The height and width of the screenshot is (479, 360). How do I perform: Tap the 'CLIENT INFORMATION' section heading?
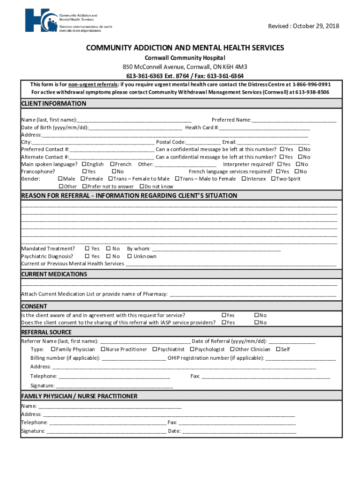54,103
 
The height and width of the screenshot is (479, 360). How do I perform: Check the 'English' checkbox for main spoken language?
84,164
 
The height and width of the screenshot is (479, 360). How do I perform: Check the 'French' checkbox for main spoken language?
112,164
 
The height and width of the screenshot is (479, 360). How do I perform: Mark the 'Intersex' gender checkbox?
244,179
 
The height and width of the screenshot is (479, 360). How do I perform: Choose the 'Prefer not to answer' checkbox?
83,186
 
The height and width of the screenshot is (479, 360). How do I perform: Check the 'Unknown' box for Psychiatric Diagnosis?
130,256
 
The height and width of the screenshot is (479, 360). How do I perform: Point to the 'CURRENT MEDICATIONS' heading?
54,274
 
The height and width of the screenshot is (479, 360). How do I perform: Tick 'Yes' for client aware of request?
223,315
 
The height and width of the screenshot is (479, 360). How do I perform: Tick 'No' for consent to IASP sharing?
256,323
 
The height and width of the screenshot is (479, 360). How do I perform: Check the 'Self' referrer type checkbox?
278,349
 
